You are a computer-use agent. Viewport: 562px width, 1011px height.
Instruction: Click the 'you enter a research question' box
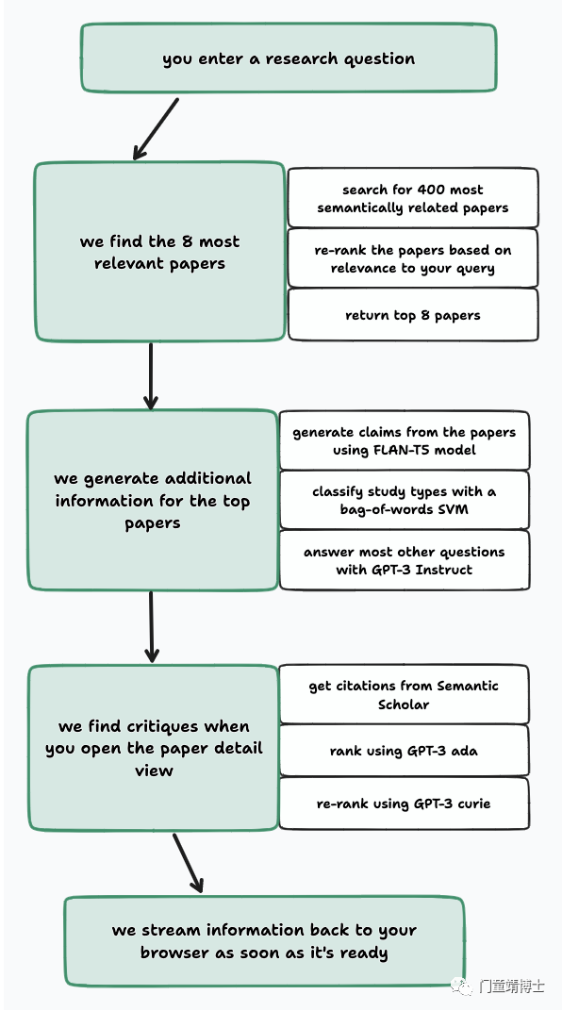(289, 58)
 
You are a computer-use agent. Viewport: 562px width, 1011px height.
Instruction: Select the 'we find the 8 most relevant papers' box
(159, 252)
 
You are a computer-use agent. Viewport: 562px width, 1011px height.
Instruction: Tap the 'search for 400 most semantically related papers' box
(412, 198)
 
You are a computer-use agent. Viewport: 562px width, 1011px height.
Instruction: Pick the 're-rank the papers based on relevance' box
(412, 257)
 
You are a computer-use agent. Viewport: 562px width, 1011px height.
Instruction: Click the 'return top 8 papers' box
(412, 315)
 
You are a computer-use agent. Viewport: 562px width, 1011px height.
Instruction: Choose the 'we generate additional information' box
(152, 501)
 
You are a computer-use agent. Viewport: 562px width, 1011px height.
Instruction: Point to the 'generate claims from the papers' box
(405, 440)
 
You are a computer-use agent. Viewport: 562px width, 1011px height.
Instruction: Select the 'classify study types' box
(405, 501)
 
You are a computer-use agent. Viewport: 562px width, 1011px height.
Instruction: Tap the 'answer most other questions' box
(405, 560)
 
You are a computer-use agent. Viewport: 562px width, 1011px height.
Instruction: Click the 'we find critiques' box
(154, 748)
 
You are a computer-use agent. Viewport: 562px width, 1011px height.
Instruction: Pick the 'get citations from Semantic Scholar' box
(405, 694)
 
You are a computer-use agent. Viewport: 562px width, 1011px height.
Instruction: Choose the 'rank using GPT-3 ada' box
(405, 751)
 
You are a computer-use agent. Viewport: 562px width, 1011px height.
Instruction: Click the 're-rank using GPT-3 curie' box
(405, 804)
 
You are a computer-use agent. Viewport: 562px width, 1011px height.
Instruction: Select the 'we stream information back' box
(264, 941)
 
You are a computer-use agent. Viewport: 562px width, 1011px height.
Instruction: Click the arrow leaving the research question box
(156, 129)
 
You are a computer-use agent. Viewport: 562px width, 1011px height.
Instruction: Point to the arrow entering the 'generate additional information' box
(151, 376)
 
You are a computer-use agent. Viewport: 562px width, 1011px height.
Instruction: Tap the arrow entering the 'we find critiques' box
(152, 627)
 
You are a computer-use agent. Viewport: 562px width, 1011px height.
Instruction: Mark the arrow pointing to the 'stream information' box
(189, 863)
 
